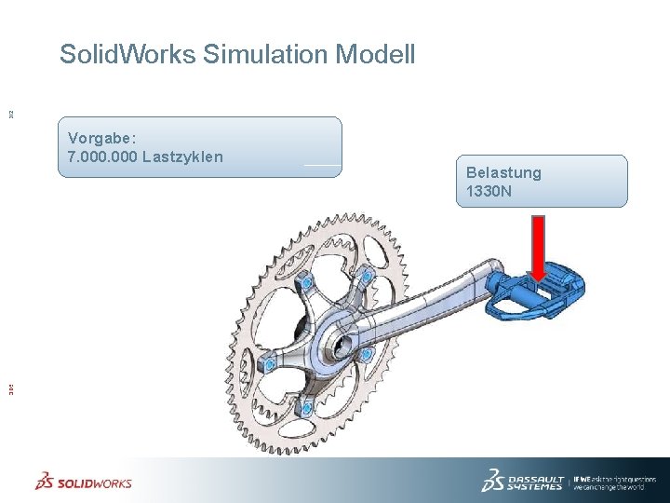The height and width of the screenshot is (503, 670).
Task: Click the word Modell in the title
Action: coord(375,54)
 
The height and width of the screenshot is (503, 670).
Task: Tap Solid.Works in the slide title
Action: coord(127,54)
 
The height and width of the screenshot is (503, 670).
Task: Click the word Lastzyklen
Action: coord(183,156)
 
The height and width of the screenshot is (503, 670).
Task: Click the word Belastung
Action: coord(503,172)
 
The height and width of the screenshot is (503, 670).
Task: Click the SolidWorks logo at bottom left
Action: coord(84,482)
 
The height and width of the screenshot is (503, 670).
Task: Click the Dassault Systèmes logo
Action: coord(522,480)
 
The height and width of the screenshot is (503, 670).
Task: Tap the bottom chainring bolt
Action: coord(303,406)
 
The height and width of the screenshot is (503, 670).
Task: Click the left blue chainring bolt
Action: coord(267,365)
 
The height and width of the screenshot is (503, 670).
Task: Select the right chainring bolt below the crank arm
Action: coord(366,355)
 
